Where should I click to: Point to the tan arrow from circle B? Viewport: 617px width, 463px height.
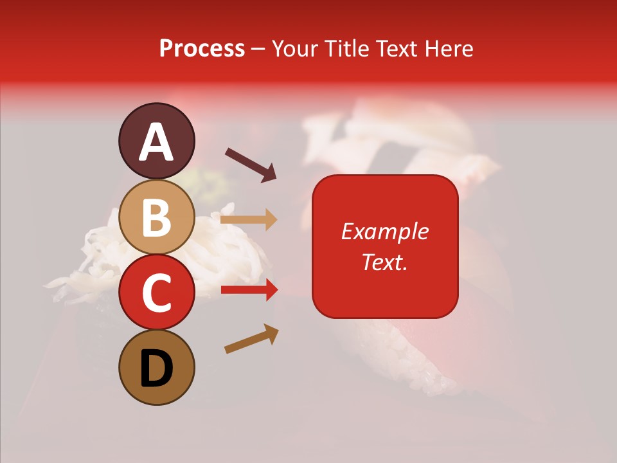click(x=249, y=220)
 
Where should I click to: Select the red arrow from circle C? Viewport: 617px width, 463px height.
click(x=249, y=290)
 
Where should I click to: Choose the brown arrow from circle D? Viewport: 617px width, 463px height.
click(x=251, y=340)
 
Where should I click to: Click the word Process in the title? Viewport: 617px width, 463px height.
click(x=202, y=49)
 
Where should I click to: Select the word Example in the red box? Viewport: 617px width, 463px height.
click(x=385, y=232)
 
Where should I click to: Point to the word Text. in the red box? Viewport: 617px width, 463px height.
click(x=385, y=262)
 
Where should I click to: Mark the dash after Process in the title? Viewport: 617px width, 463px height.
click(x=258, y=49)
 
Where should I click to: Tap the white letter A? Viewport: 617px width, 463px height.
click(x=156, y=143)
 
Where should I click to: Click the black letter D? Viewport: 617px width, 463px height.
click(x=156, y=370)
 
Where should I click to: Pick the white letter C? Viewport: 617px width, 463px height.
click(x=156, y=293)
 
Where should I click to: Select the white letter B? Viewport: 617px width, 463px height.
click(x=156, y=217)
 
